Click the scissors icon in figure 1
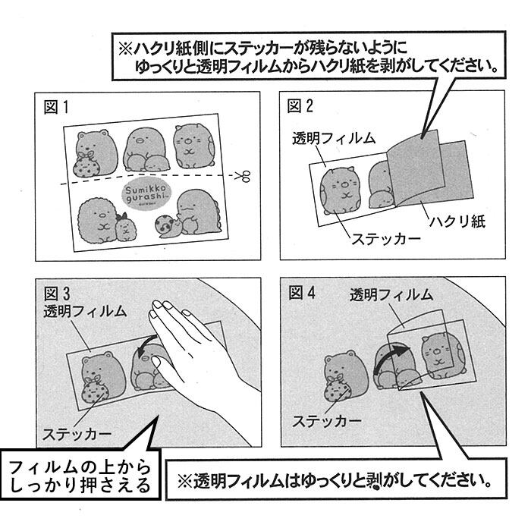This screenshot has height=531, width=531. click(241, 177)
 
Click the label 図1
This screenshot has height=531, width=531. click(56, 108)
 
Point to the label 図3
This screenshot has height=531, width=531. click(56, 292)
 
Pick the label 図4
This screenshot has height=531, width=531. click(301, 292)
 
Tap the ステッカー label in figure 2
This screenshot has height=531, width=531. click(385, 240)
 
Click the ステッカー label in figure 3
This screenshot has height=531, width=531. click(77, 434)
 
